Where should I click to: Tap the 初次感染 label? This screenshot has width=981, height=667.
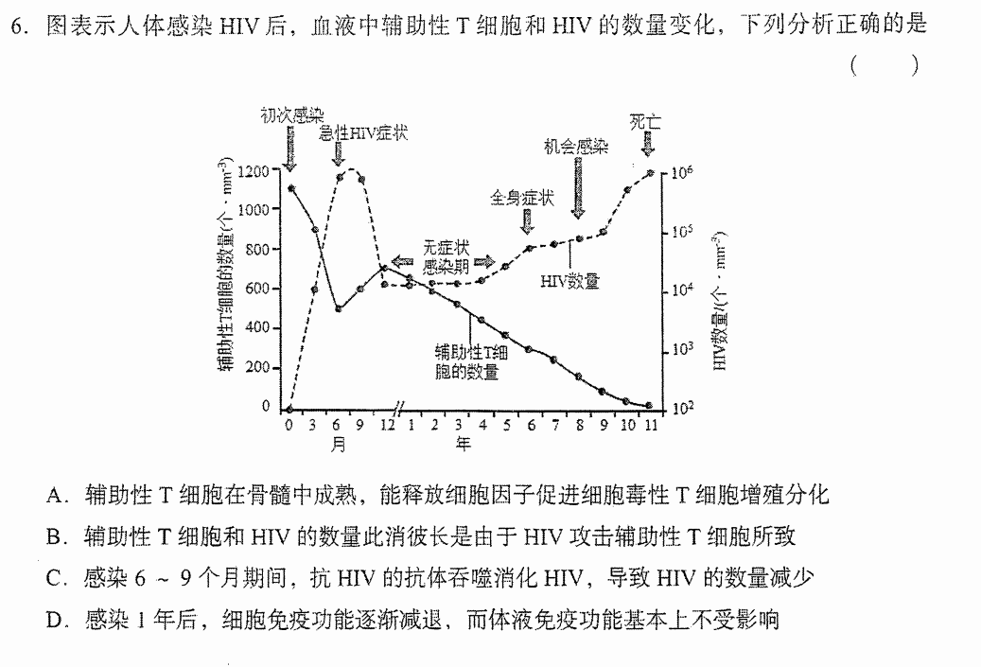coord(292,115)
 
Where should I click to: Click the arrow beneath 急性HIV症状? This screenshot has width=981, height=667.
coord(339,154)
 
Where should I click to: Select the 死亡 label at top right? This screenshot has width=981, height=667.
coord(645,121)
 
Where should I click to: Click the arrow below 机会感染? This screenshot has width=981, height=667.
coord(578,187)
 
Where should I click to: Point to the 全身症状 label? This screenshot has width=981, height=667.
coord(522,199)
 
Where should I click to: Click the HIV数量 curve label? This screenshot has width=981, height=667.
coord(569,282)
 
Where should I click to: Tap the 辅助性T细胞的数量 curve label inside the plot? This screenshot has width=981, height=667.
coord(470,361)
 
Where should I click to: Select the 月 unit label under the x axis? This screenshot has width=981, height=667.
coord(338,445)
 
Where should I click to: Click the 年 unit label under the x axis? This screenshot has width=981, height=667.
coord(463,445)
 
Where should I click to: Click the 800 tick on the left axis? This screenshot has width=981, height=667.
coord(257,250)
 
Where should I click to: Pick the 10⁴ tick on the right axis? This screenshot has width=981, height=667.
coord(682,290)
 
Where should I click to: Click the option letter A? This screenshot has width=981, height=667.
coord(54,496)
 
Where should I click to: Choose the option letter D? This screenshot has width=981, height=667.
coord(54,621)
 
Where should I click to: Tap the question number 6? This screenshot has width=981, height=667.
coord(18,26)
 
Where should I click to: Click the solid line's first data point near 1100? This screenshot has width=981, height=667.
coord(291,187)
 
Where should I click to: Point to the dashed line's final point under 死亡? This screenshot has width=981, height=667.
coord(651,173)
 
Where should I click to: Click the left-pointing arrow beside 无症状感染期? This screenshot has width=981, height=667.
coord(402,261)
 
